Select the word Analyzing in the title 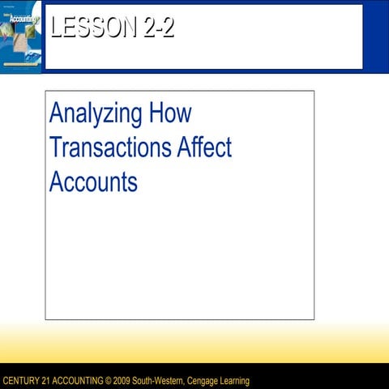click(96, 114)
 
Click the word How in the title click(171, 113)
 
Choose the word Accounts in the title click(93, 182)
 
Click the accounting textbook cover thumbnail click(20, 36)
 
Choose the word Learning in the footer click(237, 381)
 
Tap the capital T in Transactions click(56, 147)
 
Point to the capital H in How click(158, 113)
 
